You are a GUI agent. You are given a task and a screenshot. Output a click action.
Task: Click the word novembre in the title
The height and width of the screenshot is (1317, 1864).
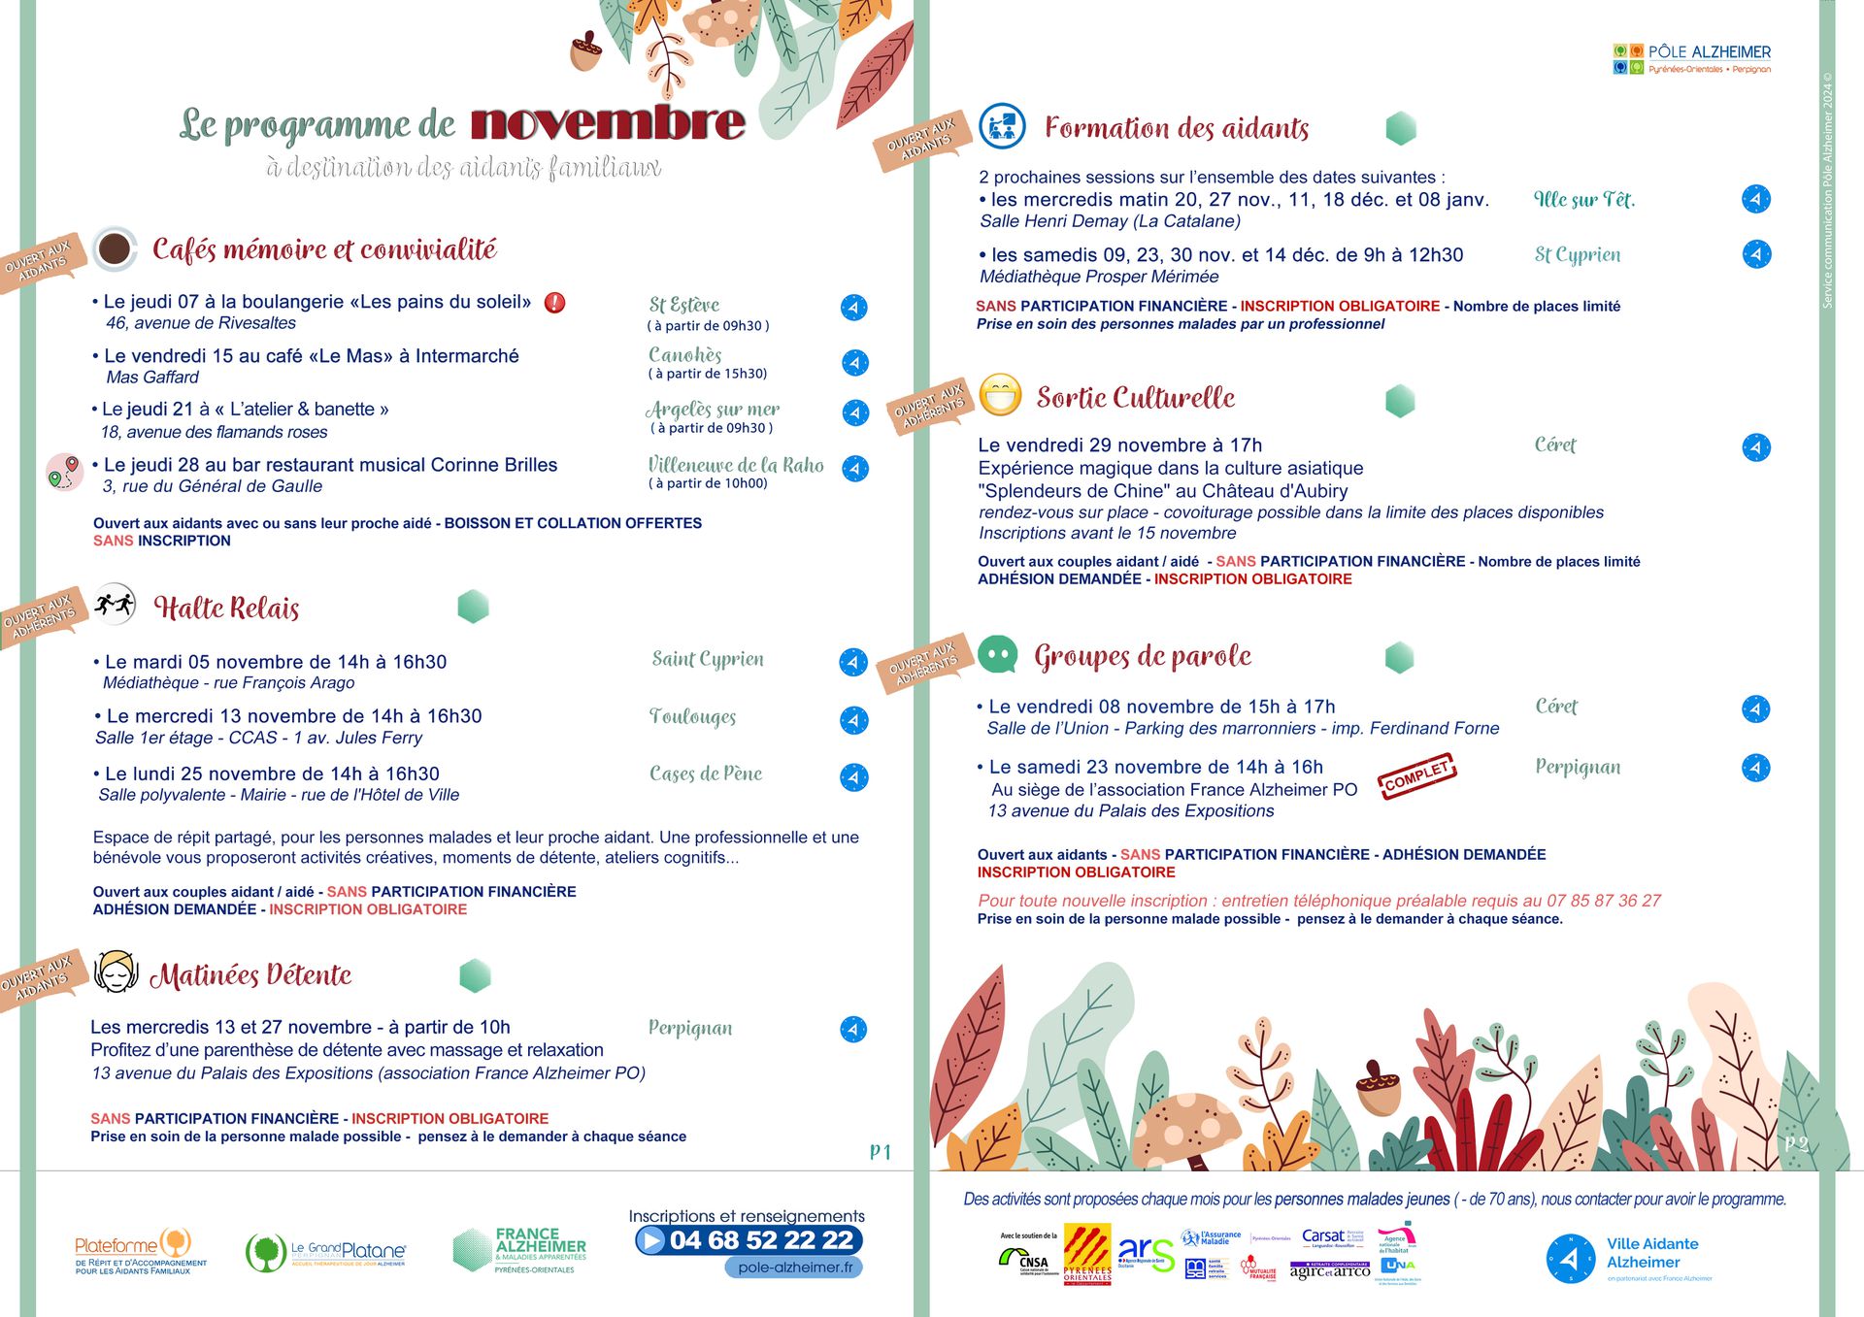coord(608,123)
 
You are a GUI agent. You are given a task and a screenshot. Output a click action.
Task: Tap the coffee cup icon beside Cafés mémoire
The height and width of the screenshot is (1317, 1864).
coord(115,248)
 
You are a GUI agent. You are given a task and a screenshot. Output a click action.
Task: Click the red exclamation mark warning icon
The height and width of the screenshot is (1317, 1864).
coord(554,303)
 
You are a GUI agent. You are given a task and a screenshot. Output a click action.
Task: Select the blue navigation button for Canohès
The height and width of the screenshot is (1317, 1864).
coord(854,363)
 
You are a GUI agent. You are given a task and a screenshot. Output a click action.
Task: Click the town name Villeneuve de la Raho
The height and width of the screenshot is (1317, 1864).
coord(735,465)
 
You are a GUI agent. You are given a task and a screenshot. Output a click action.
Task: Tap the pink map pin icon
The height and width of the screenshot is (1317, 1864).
coord(64,472)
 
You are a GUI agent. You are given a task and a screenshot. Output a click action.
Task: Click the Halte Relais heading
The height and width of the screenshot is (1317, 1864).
coord(226,609)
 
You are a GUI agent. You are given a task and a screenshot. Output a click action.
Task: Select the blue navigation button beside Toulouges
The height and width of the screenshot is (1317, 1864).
coord(853,720)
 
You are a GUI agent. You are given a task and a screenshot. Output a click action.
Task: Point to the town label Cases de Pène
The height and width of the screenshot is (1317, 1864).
coord(706,774)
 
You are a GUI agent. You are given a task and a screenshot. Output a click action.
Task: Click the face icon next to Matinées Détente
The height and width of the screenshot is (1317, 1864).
coord(116,971)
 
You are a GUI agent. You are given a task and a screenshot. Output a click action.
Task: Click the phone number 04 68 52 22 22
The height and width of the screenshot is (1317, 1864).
coord(760,1240)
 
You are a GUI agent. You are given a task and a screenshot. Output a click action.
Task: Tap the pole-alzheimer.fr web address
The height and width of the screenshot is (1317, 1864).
coord(794,1267)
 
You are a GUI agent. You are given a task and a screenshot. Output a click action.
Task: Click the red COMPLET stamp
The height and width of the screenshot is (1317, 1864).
coord(1416,776)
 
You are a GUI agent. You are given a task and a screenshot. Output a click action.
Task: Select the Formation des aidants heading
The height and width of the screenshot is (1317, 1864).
coord(1177,128)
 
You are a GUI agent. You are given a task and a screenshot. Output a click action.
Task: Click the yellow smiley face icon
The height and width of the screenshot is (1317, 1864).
coord(1000,395)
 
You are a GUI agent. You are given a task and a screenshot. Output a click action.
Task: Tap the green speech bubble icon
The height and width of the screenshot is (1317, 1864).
coord(998,655)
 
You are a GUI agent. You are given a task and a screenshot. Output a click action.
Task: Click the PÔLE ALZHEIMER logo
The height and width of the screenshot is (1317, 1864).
coord(1692,58)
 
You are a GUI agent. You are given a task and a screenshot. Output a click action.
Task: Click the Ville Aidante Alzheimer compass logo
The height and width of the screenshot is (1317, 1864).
coord(1570,1259)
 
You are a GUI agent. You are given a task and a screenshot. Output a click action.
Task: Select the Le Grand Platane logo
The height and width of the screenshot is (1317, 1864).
coord(325,1252)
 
